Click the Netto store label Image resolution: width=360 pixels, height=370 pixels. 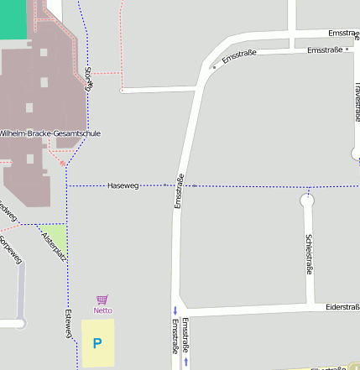point(102,310)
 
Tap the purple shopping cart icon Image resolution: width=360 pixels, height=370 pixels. point(102,300)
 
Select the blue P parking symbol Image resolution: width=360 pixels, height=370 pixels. point(97,342)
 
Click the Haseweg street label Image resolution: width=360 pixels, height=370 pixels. point(123,185)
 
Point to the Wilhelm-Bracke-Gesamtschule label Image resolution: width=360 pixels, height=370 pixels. point(50,133)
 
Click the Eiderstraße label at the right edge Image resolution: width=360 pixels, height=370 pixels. point(342,307)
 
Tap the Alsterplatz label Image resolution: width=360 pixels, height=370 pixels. point(53,245)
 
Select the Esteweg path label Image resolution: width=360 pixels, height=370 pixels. point(69,324)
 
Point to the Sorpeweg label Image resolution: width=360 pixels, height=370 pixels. point(10,249)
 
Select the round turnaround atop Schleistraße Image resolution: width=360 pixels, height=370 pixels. point(307,201)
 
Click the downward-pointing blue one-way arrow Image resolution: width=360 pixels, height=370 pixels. point(175,310)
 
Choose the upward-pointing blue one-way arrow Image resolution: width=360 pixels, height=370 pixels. point(185,362)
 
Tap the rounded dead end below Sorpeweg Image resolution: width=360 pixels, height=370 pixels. point(18,323)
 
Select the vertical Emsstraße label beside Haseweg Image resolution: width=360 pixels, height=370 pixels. point(179,190)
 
